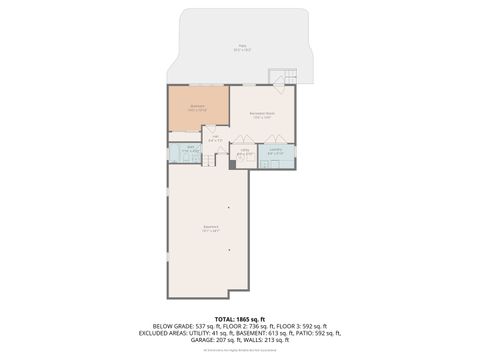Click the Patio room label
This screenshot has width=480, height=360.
(x=240, y=47)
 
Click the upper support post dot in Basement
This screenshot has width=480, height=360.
(x=230, y=207)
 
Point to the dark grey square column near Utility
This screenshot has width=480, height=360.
(x=233, y=165)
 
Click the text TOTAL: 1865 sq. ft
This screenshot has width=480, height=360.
(x=240, y=318)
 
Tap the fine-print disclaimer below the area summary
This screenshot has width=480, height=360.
(x=240, y=349)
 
